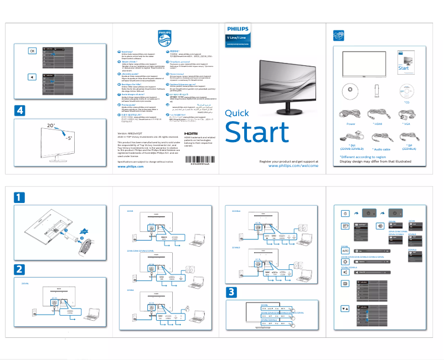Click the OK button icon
[32, 51]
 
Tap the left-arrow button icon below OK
[32, 77]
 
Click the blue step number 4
[20, 110]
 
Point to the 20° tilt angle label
[51, 126]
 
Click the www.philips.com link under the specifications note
[131, 166]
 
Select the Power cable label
[350, 124]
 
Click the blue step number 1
[20, 197]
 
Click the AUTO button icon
[345, 251]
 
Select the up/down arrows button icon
[345, 309]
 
